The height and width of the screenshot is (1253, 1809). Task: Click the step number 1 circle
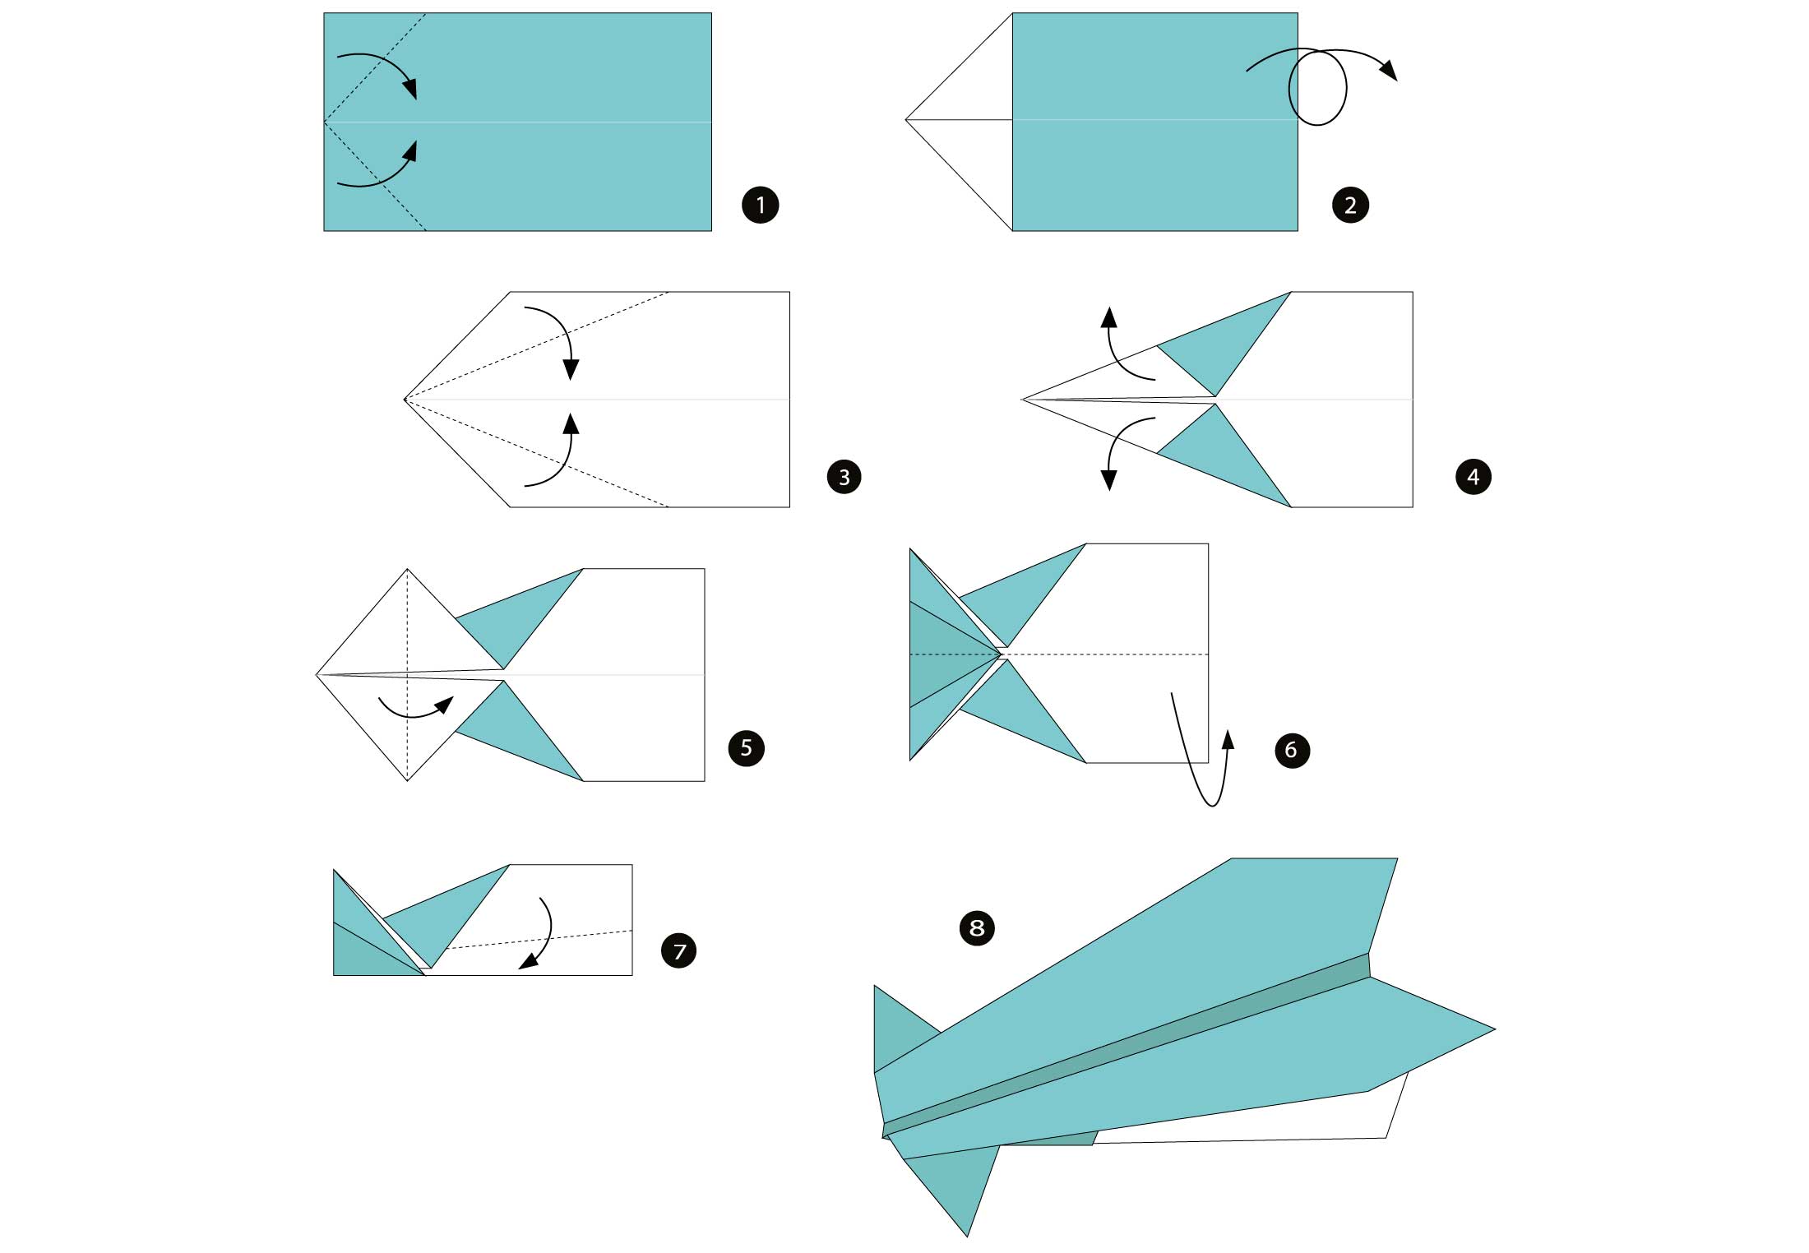(x=760, y=205)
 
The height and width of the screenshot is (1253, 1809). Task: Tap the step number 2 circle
(x=1350, y=205)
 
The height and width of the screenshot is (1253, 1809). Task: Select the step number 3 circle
(x=844, y=477)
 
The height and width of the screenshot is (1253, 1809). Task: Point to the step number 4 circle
(x=1473, y=477)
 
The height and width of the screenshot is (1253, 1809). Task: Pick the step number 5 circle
(x=746, y=748)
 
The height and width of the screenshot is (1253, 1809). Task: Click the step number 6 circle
(x=1291, y=750)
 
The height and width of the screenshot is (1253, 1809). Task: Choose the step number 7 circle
(x=679, y=951)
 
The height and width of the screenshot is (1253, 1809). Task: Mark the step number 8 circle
(x=977, y=928)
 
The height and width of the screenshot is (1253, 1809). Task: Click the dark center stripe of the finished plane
(x=1127, y=1044)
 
